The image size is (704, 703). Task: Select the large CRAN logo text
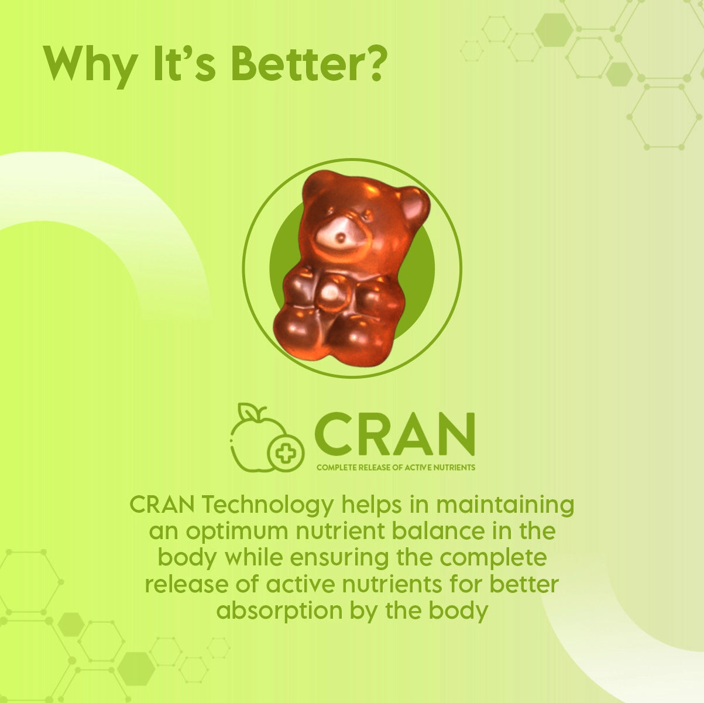pos(394,434)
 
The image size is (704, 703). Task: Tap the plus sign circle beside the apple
pos(286,453)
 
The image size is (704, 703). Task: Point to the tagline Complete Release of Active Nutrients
pos(396,468)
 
